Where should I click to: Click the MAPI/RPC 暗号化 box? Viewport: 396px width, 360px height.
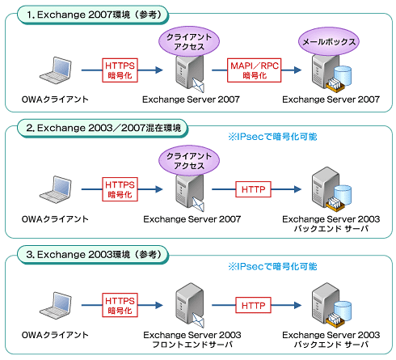[254, 70]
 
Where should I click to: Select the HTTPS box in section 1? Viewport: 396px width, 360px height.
[120, 70]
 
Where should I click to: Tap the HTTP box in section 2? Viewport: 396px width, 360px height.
[253, 189]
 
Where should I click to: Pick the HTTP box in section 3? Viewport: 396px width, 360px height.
[253, 305]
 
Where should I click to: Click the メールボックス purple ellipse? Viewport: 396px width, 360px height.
[329, 42]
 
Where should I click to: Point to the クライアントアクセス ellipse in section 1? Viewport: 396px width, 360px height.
[189, 42]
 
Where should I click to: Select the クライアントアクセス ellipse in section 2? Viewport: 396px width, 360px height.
[189, 161]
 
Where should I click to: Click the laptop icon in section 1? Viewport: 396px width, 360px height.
[56, 70]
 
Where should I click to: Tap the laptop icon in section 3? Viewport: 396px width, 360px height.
[56, 305]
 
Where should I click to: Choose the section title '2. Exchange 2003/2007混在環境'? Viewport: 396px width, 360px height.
[103, 128]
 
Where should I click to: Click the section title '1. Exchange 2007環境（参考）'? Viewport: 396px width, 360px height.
[93, 15]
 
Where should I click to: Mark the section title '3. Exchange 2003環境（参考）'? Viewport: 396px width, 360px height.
[93, 254]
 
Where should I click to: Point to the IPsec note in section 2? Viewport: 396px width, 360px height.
[272, 137]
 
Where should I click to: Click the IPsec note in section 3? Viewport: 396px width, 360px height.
[272, 266]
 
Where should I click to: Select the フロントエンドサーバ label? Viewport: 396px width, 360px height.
[192, 345]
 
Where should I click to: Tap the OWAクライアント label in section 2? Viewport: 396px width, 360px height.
[55, 219]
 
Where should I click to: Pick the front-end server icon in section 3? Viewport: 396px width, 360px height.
[190, 305]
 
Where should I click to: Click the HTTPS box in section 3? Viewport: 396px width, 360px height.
[120, 305]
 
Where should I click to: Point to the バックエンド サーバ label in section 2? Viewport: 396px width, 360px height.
[331, 229]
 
